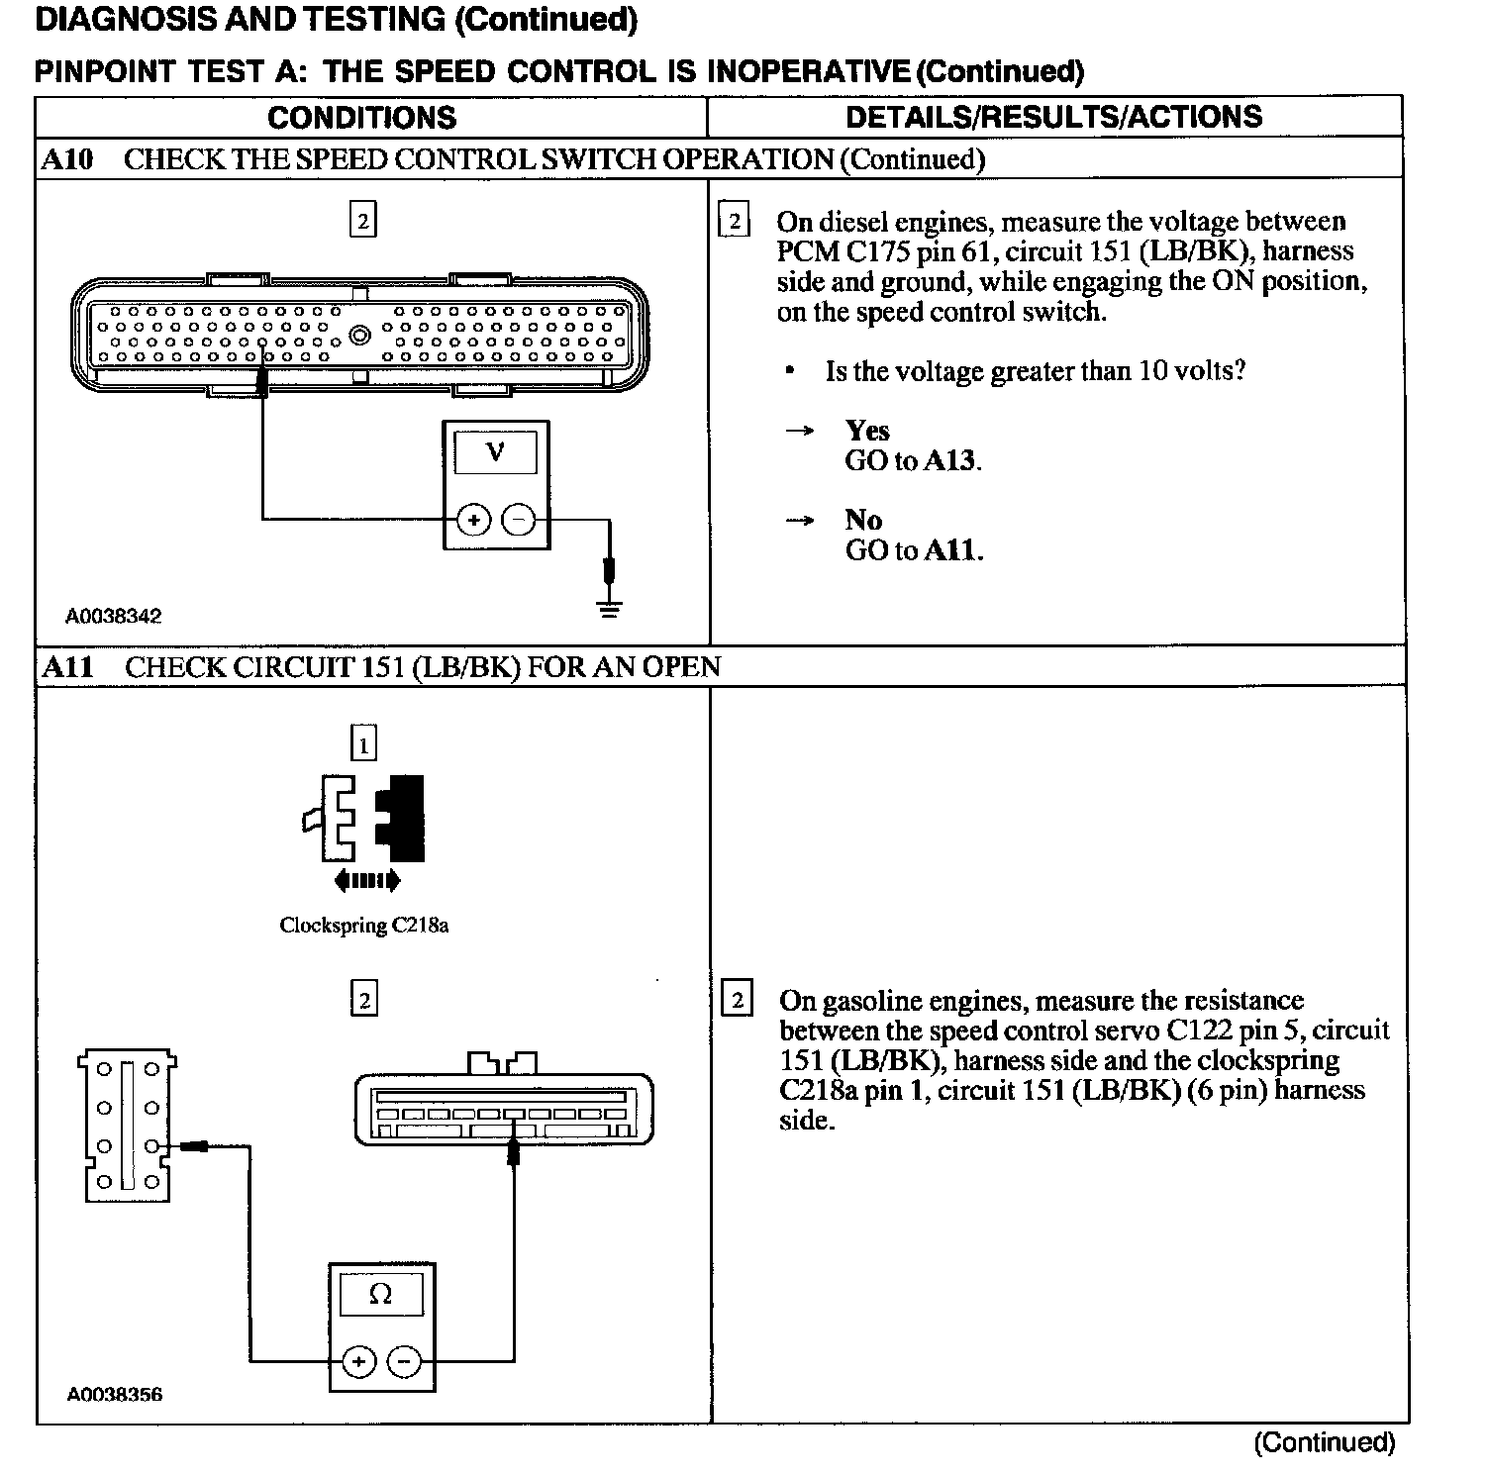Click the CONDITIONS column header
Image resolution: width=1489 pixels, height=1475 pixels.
pos(361,118)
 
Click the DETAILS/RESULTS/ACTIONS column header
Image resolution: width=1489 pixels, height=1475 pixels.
pos(1053,117)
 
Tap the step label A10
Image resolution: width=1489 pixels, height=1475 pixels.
pos(67,159)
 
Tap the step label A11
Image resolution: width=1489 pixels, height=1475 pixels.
pos(67,667)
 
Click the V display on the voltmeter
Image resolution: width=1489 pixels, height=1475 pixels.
pos(496,453)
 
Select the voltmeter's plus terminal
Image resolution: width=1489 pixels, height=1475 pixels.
pos(474,520)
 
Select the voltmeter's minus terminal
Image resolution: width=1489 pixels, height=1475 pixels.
pos(519,520)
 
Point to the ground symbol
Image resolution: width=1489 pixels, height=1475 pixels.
pos(611,606)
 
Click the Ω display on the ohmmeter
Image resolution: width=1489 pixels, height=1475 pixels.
pos(381,1294)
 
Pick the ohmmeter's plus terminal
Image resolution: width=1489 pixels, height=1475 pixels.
pos(358,1362)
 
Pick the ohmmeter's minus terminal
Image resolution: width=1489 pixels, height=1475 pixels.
pos(403,1362)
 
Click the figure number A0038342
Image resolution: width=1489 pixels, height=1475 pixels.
pos(113,617)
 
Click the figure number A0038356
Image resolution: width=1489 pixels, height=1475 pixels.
pos(114,1395)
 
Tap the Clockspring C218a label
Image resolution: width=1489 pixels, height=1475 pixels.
pos(363,926)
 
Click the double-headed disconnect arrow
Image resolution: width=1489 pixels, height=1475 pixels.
pos(367,880)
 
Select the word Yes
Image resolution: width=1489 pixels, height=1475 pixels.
pos(867,431)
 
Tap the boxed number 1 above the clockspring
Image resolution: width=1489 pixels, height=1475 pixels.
pos(363,743)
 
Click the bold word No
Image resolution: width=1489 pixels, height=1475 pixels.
pos(863,521)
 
